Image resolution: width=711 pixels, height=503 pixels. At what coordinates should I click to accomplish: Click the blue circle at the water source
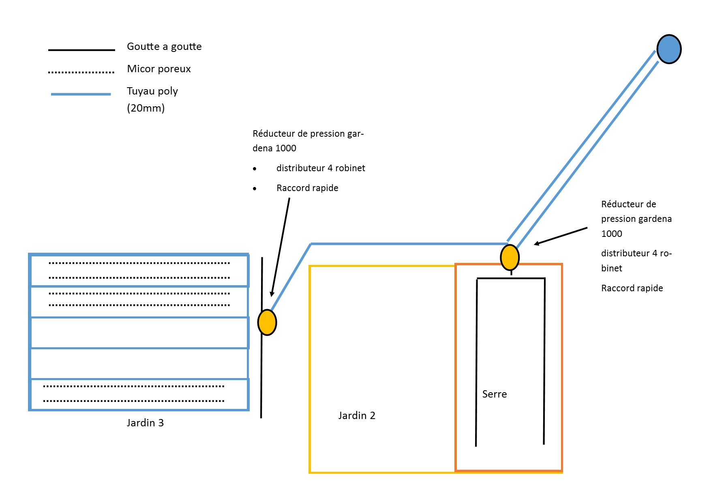(x=669, y=49)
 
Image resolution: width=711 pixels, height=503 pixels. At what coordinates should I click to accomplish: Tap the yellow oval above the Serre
(x=510, y=258)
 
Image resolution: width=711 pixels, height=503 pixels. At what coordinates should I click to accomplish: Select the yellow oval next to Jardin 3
(x=267, y=322)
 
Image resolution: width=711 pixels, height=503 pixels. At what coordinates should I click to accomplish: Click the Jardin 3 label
(x=145, y=423)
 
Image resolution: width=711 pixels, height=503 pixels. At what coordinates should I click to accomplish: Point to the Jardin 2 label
(x=357, y=416)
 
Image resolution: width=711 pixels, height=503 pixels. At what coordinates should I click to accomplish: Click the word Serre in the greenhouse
(x=495, y=394)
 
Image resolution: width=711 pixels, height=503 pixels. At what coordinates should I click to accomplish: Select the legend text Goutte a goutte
(x=164, y=47)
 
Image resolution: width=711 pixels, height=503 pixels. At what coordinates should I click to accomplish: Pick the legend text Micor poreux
(x=159, y=69)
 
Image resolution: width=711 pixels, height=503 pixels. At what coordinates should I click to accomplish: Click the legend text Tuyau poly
(x=152, y=91)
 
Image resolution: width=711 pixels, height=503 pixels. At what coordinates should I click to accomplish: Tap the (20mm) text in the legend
(x=146, y=108)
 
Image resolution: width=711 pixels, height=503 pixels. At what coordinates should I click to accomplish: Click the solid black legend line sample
(x=81, y=50)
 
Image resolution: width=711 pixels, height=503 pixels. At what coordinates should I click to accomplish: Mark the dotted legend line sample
(x=81, y=73)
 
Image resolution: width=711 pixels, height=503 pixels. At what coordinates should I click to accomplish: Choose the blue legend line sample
(x=81, y=94)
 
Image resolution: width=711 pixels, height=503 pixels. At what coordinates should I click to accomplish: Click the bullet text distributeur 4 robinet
(x=321, y=168)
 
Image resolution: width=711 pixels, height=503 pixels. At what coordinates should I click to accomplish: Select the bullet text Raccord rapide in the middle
(x=307, y=188)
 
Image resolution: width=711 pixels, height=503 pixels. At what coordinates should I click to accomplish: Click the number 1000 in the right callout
(x=612, y=234)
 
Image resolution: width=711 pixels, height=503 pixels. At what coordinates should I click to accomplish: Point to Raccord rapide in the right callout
(x=632, y=288)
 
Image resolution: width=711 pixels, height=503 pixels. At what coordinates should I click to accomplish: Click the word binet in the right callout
(x=612, y=269)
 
